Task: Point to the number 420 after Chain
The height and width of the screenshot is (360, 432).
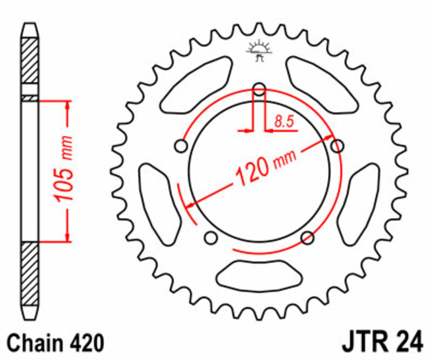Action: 85,343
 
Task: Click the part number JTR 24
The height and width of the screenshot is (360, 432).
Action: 377,343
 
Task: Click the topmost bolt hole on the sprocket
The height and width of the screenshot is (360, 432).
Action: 259,89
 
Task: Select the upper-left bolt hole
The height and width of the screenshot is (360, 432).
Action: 181,146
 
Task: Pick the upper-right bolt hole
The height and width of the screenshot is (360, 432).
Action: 337,145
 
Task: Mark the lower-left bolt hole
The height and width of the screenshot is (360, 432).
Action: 211,237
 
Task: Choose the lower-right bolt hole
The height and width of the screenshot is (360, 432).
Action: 308,237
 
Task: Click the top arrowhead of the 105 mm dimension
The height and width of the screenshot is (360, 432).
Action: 67,105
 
